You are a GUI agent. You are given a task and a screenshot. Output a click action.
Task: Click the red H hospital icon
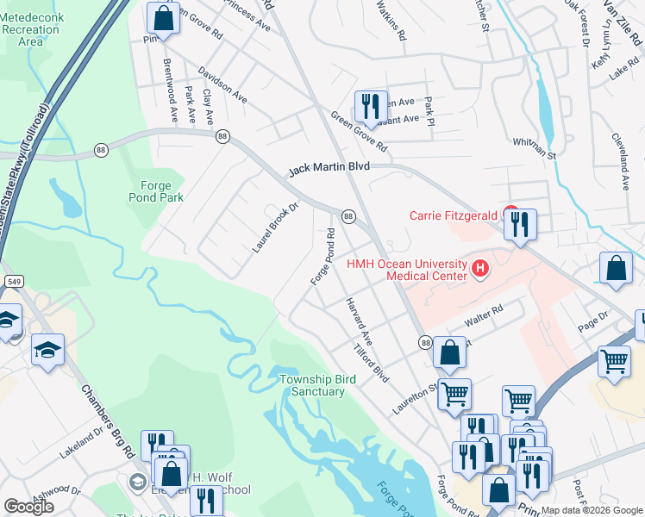click(481, 271)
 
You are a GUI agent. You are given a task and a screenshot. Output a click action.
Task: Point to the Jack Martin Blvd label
click(329, 170)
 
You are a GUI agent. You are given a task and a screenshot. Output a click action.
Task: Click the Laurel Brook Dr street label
click(275, 227)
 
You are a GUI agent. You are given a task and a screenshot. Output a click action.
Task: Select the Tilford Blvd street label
click(373, 365)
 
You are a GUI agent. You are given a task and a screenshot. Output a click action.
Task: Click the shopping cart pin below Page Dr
click(614, 361)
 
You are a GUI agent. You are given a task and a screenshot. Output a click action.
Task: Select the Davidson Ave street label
click(222, 86)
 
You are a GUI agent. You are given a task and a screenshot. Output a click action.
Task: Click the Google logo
click(28, 507)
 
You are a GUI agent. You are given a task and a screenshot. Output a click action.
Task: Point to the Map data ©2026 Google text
click(591, 510)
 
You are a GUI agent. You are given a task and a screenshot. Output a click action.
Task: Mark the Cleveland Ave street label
click(622, 161)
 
